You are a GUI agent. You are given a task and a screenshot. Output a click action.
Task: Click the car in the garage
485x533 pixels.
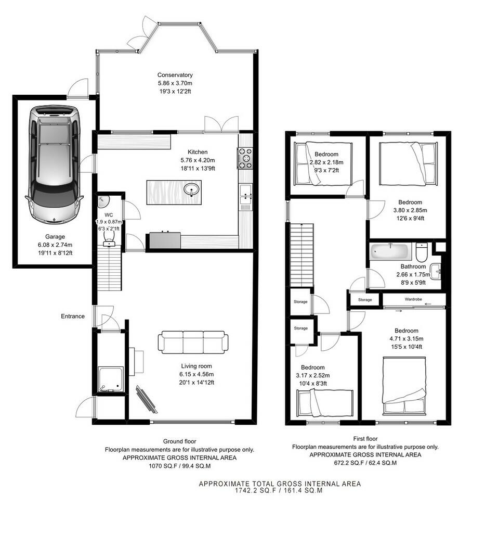(55, 164)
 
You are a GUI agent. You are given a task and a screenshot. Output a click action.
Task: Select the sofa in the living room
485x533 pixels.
(193, 342)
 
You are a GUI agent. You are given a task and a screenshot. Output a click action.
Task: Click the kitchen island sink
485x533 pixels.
(193, 191)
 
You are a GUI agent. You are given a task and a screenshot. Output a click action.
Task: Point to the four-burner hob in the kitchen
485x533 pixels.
(245, 158)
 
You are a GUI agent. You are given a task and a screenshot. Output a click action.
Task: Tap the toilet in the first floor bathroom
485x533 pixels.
(422, 252)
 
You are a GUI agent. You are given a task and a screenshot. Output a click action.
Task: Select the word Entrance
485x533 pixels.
(72, 316)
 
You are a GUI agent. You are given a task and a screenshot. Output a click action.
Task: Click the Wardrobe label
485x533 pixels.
(414, 300)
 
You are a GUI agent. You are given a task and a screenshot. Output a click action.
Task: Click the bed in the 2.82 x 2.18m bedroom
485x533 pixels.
(323, 163)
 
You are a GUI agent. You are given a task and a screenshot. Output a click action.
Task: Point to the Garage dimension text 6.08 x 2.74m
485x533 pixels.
(55, 245)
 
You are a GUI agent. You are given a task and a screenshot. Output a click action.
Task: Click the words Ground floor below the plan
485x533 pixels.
(179, 441)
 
